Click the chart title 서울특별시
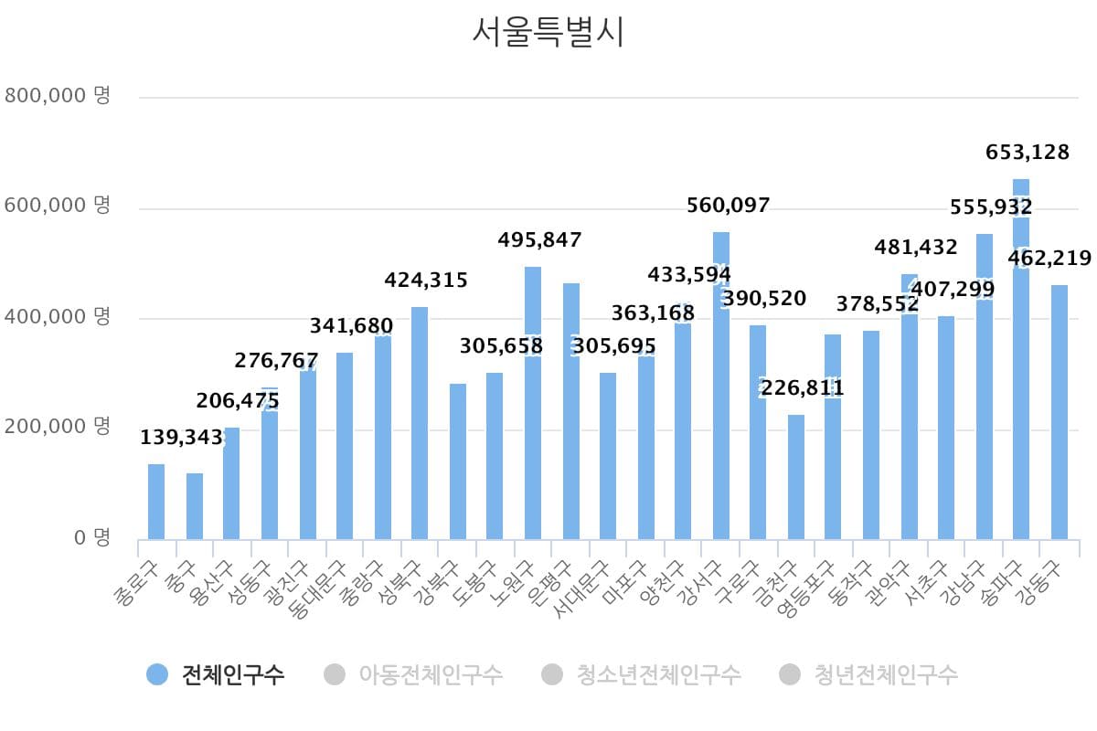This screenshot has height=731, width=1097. pos(548,32)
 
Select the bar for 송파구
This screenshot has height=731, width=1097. pos(1021,384)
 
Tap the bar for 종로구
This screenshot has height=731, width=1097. pos(156,503)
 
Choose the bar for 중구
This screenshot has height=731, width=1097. pos(195,507)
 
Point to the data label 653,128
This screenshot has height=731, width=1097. pos(1028,153)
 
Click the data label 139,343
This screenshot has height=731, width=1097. pos(182,438)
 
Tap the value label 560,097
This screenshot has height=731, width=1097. pos(729,206)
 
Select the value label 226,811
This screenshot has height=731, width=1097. pos(802,389)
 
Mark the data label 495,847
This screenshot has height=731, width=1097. pos(539,240)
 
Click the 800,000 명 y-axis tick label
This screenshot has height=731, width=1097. pos(58,95)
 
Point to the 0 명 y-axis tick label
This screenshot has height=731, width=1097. pos(92,537)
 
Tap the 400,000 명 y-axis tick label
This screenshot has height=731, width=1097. pos(58,317)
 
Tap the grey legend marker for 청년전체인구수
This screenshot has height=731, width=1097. pos(789,675)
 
